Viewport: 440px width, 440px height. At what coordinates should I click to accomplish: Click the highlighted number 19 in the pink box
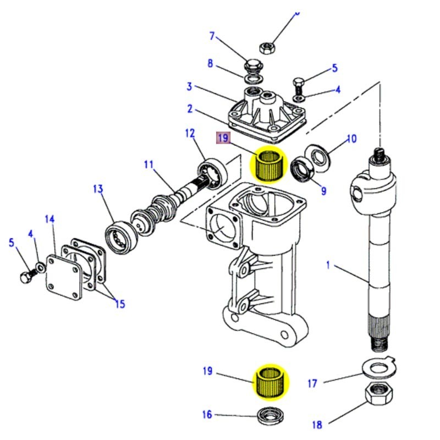tap(222, 137)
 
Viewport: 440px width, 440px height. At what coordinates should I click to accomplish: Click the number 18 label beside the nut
tap(317, 424)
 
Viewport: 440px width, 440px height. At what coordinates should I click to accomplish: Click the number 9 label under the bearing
tap(323, 191)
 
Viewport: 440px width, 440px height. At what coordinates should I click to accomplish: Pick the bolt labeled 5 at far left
tap(26, 278)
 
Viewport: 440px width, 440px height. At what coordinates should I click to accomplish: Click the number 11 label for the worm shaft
tap(149, 164)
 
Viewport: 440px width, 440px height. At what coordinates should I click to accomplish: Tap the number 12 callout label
tap(190, 133)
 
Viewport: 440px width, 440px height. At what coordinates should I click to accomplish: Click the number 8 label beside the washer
tap(210, 63)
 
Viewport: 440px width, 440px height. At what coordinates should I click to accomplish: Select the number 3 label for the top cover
tap(189, 86)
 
